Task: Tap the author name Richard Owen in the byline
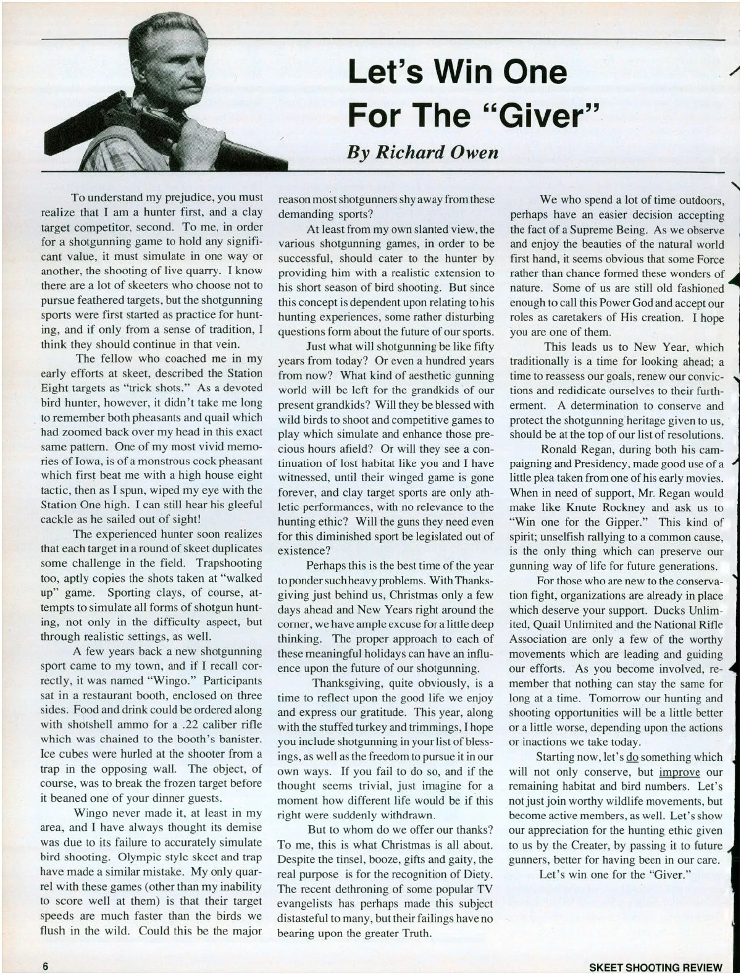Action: [x=423, y=151]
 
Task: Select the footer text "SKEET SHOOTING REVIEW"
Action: [x=655, y=967]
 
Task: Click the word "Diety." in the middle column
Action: [x=474, y=874]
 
